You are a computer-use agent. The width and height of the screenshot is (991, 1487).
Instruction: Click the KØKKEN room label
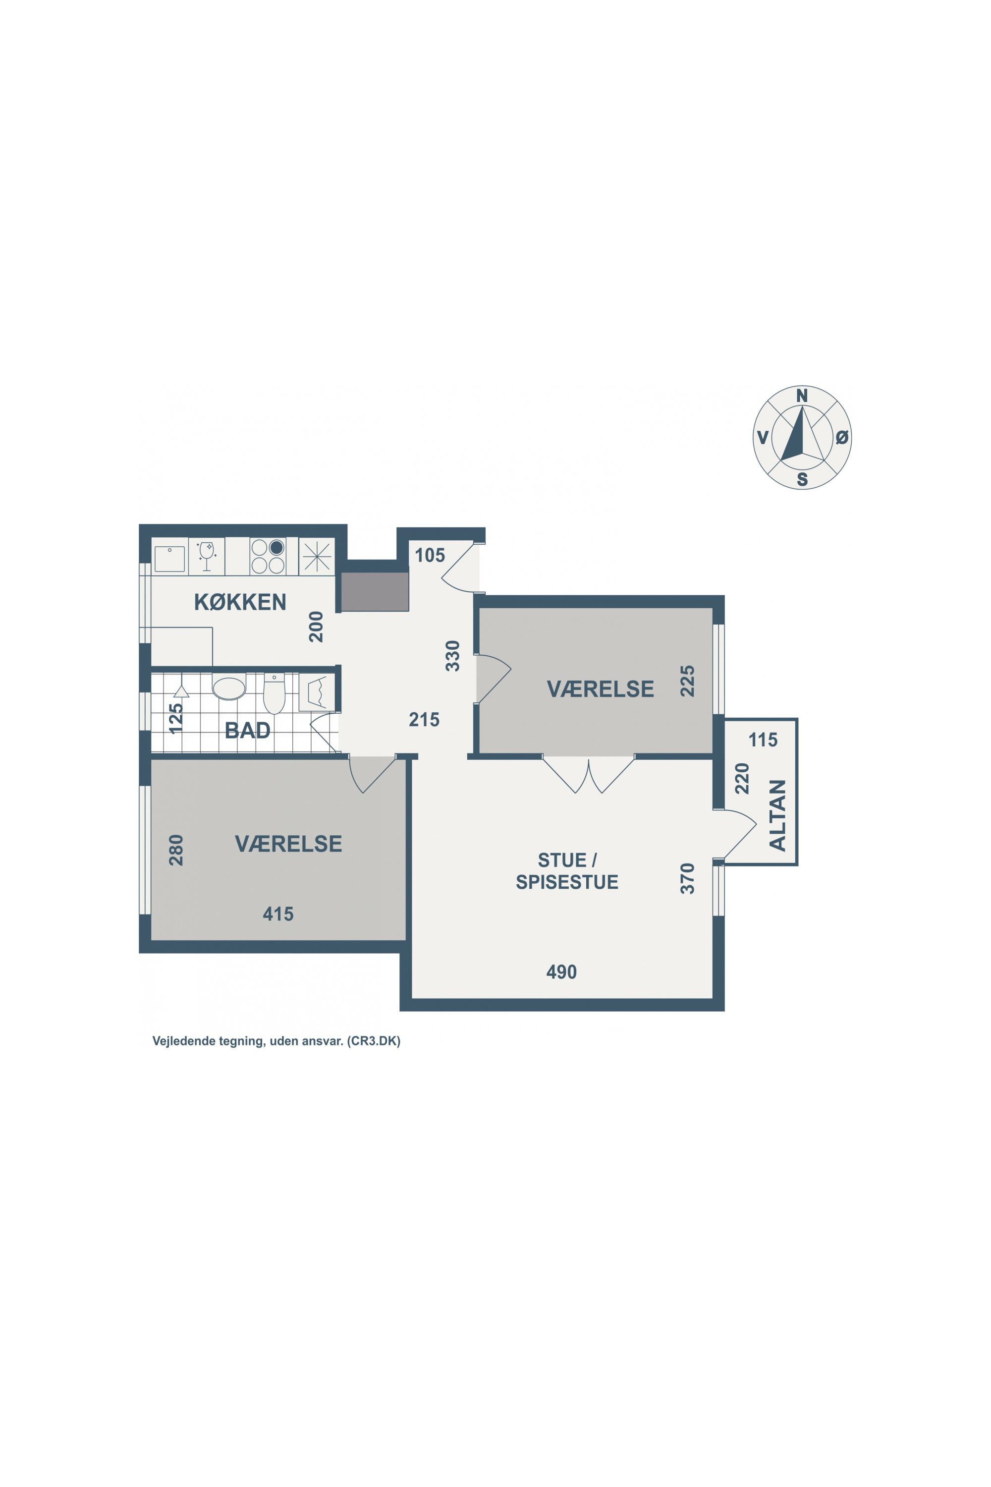click(240, 602)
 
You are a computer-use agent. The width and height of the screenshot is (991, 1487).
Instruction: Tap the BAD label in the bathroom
click(248, 730)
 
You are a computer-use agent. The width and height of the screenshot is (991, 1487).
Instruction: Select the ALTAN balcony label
click(777, 815)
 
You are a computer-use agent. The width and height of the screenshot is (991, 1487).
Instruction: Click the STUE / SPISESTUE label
click(567, 871)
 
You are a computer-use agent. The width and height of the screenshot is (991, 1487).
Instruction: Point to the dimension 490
click(561, 972)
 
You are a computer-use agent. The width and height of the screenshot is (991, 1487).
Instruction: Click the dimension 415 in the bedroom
click(278, 914)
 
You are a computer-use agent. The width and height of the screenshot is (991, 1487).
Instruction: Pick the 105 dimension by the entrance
click(430, 555)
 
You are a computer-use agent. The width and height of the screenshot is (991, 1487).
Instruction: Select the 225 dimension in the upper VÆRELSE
click(687, 681)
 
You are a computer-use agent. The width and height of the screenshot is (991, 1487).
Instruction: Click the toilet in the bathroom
click(275, 693)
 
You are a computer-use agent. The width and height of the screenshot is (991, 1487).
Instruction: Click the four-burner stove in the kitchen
click(268, 556)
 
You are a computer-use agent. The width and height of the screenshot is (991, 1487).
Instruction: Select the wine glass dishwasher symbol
click(207, 556)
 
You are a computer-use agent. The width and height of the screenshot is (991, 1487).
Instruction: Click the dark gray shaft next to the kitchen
click(375, 592)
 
